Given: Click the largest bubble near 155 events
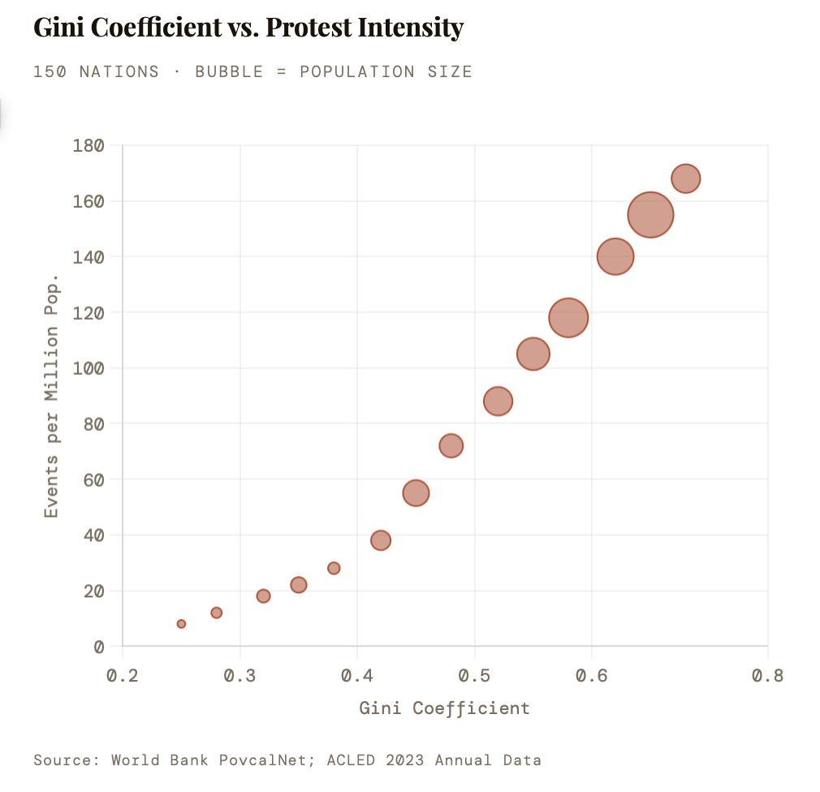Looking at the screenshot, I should point(650,214).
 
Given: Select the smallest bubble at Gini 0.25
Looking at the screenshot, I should point(181,624).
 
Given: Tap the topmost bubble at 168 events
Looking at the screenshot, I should point(686,179).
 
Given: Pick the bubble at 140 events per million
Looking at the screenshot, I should point(615,256).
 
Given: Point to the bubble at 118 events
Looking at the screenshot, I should point(568,317).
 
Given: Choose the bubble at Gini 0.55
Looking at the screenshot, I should point(533,354).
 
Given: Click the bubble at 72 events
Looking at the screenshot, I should point(451,445).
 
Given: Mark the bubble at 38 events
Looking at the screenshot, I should point(381,540).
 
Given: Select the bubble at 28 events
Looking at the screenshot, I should point(334,568).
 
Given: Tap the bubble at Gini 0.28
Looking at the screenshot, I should point(217,613).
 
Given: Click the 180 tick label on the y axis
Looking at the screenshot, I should point(88,145).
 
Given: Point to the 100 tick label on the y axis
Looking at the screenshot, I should point(88,368).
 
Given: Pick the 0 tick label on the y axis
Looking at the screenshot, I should point(99,647).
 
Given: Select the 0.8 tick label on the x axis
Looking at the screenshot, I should point(768,675).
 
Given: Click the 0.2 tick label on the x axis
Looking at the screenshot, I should point(123,675).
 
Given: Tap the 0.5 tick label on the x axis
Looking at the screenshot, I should point(475,675).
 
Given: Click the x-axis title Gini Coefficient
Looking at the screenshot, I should point(444,708).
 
